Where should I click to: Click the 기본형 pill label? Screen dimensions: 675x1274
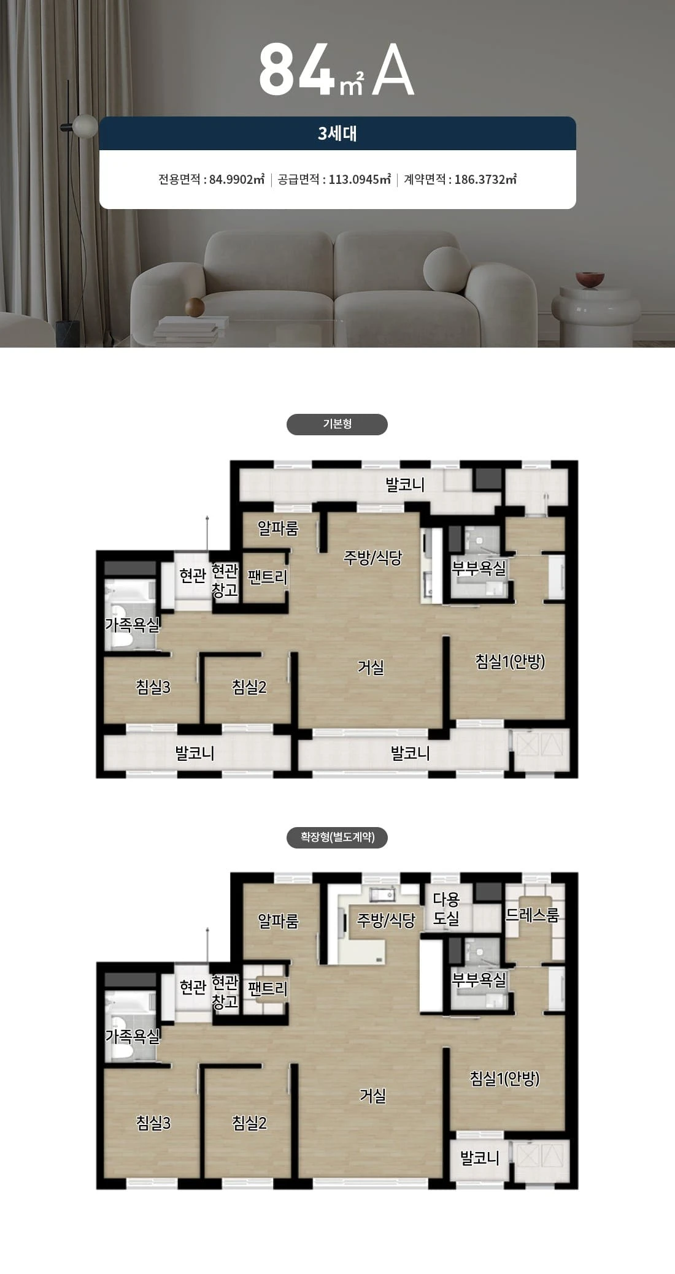click(x=337, y=424)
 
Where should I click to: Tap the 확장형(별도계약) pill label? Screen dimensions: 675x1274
click(x=337, y=837)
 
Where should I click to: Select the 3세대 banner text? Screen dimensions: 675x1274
click(x=337, y=134)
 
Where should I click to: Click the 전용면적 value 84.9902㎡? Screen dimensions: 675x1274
click(x=237, y=179)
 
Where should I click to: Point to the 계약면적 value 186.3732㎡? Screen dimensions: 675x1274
click(x=485, y=179)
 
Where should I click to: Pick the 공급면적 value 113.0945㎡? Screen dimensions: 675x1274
click(x=360, y=179)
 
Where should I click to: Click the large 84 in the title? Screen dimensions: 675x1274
click(x=297, y=70)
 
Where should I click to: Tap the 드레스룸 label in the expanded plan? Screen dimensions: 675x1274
click(x=532, y=915)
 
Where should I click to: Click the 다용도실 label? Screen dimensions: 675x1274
click(x=446, y=909)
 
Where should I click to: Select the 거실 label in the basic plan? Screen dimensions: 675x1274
click(x=371, y=667)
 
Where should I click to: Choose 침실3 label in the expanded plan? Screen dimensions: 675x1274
click(x=153, y=1123)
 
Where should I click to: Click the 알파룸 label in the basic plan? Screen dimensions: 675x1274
click(x=278, y=528)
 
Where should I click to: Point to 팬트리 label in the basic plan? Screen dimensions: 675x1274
click(x=268, y=576)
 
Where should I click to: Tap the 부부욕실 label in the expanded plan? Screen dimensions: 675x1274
click(x=479, y=980)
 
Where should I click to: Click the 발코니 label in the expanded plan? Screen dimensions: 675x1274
click(x=480, y=1158)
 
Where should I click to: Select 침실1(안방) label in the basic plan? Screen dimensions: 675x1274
click(x=511, y=662)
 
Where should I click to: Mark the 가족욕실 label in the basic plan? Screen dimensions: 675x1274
click(x=132, y=625)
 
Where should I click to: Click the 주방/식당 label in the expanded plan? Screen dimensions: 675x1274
click(x=387, y=920)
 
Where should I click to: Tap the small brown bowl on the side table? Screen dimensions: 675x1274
click(x=590, y=280)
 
